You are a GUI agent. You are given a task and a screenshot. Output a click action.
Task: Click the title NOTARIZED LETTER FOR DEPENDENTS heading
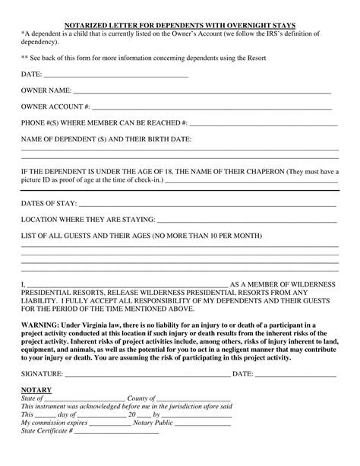179,25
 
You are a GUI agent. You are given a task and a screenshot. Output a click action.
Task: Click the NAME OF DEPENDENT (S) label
106,139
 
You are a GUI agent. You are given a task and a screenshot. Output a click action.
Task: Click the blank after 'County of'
193,398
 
